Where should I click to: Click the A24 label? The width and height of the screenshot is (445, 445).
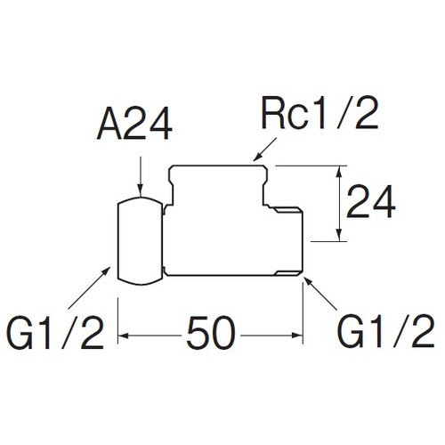point(134,123)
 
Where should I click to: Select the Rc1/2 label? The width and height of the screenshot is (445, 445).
point(320,112)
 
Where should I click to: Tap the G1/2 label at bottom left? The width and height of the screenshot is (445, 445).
point(56,332)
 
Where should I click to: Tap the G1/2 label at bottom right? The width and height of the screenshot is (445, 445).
point(386,331)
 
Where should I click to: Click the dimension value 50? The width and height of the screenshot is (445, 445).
point(211,333)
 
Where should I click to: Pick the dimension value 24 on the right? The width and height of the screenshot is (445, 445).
point(371,201)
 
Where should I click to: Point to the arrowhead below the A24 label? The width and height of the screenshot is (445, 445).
point(141,191)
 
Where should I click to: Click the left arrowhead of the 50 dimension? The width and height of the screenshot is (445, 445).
point(124,336)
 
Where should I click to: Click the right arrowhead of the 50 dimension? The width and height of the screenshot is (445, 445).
point(297,336)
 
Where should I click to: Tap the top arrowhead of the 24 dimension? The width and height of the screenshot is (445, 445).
point(338,172)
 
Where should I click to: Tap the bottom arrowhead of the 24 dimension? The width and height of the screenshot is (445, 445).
point(338,235)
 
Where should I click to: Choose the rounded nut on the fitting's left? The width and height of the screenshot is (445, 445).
point(141,241)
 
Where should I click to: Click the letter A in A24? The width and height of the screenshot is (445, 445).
point(109,123)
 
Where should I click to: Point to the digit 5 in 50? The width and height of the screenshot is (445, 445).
point(198,333)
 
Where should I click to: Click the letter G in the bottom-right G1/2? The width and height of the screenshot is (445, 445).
point(351,332)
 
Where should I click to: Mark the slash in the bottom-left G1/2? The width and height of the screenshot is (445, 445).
point(69,332)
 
